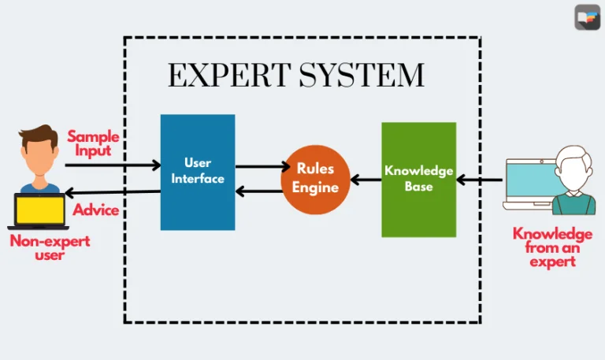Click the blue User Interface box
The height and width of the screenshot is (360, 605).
click(197, 172)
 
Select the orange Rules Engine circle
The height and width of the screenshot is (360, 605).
click(316, 180)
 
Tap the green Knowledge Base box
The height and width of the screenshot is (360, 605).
click(418, 180)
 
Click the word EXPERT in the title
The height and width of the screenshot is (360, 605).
click(228, 76)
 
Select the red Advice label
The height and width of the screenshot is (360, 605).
click(96, 210)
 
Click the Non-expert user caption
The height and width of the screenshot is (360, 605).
click(49, 247)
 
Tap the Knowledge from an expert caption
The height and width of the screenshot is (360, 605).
click(551, 247)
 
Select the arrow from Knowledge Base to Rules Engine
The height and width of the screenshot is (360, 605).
click(366, 180)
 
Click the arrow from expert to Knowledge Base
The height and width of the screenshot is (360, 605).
click(479, 180)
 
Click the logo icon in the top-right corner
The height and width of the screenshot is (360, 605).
click(587, 17)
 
